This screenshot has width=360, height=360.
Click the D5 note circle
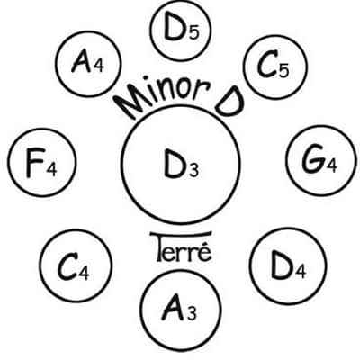pos(181,30)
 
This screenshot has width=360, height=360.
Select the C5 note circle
pos(275,67)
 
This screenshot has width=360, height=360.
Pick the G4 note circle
pos(320,160)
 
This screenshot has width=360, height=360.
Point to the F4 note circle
pos(42,163)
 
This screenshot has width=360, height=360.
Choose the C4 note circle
pos(76,265)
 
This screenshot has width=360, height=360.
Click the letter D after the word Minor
pos(229,102)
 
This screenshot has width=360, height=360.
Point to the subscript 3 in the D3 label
pos(193,171)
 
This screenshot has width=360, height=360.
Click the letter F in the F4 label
pos(34,165)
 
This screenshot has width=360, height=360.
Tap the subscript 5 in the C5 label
pos(283,71)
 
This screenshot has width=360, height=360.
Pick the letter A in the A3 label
pos(175,309)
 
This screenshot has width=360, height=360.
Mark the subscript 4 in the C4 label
pos(84,273)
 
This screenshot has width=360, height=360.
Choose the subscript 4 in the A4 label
pos(98,66)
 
